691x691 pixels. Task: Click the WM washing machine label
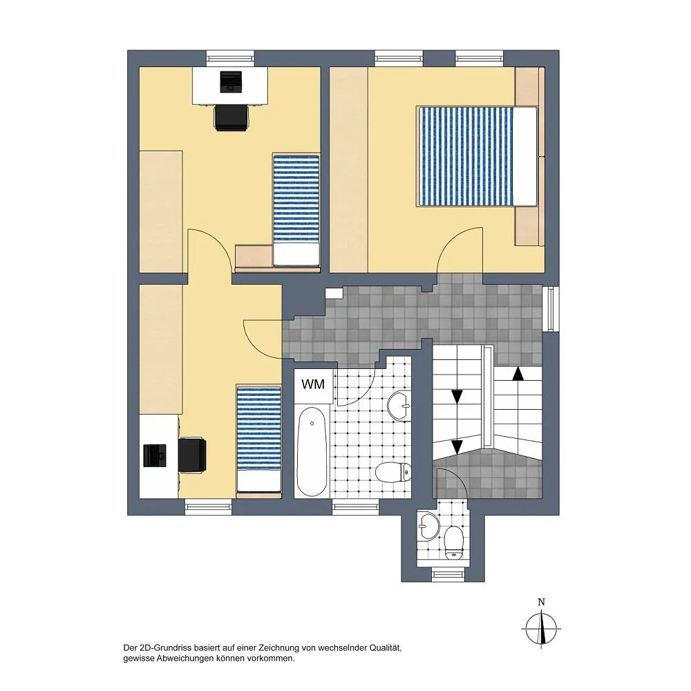click(313, 384)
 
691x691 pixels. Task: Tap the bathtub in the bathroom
click(312, 452)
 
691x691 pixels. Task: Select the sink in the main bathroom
click(399, 405)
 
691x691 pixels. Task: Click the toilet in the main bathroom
click(394, 472)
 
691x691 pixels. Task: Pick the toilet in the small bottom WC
click(453, 543)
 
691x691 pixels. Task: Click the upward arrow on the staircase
click(518, 373)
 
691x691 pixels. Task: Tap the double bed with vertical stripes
click(477, 156)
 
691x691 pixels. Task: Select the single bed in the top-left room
click(296, 210)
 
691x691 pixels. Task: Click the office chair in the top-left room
click(231, 117)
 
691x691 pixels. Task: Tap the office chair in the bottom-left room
click(193, 455)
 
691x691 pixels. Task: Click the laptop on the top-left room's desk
click(231, 82)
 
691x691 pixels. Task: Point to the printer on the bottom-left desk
click(155, 455)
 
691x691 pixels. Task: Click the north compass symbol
click(542, 629)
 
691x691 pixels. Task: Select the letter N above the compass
click(542, 602)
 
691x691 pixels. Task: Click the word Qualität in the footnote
click(385, 648)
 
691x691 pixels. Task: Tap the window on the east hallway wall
click(551, 308)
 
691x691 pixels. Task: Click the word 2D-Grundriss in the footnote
click(163, 648)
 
